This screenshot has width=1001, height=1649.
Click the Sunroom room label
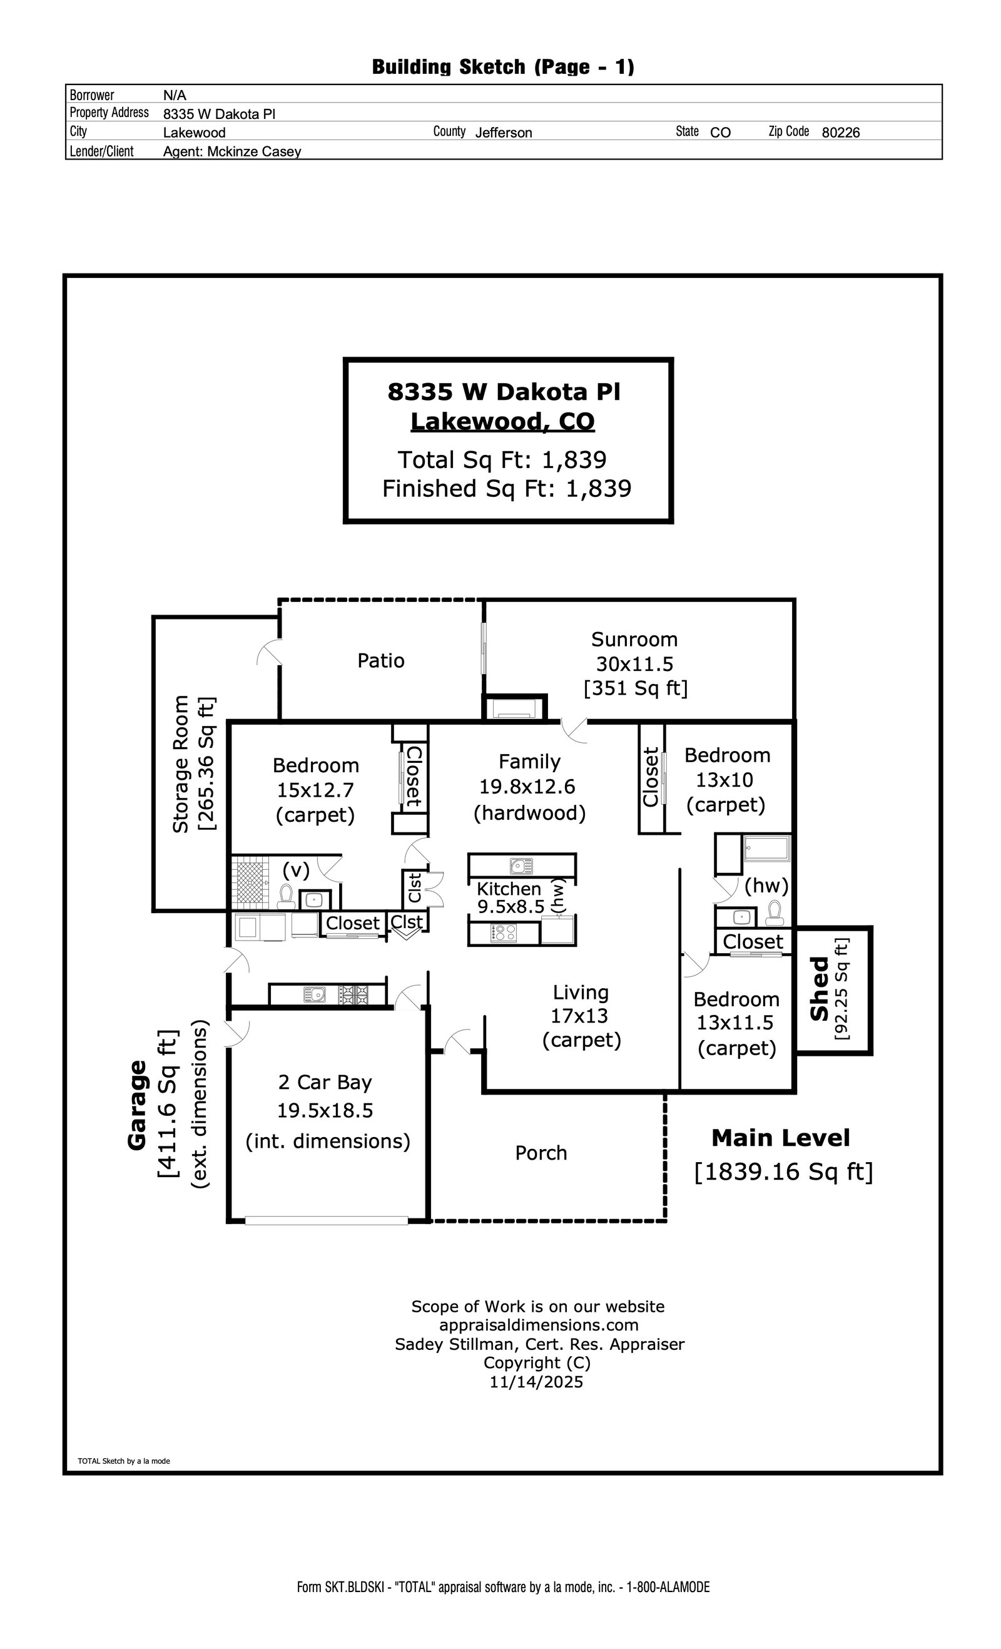634,640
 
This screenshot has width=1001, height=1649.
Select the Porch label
541,1153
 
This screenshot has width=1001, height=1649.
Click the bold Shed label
820,989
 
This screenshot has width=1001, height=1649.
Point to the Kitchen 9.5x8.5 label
511,898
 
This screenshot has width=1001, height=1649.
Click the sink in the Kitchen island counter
521,866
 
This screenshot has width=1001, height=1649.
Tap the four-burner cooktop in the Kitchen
503,933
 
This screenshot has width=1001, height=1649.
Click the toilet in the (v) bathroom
287,896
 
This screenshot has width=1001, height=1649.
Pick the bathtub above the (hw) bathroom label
767,848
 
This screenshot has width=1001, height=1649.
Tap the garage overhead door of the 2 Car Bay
327,1221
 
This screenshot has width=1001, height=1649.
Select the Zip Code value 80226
840,133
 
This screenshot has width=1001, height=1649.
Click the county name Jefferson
503,133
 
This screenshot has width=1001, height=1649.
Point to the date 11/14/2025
536,1382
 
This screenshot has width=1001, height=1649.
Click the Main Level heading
780,1138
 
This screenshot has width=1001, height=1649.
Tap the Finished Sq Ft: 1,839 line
507,489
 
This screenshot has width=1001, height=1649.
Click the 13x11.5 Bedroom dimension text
734,1023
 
